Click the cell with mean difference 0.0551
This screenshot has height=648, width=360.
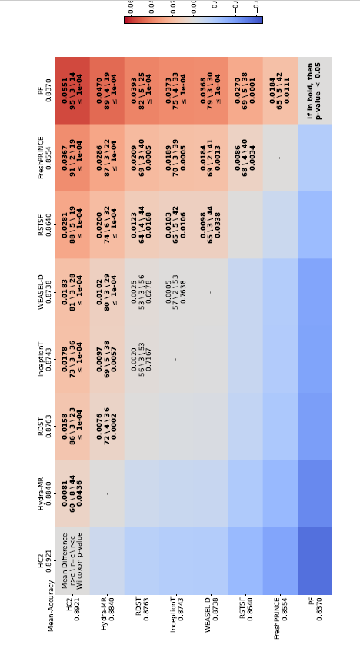(72, 91)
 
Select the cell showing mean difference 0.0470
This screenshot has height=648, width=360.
(107, 91)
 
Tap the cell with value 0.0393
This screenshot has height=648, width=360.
(142, 91)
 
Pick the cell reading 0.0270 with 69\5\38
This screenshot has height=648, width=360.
(245, 91)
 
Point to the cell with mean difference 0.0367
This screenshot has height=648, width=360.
(72, 158)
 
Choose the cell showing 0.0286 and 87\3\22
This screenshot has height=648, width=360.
(107, 158)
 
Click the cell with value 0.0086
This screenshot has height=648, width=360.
(245, 158)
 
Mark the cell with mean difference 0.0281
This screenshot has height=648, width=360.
(72, 224)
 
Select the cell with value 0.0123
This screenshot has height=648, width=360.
(142, 224)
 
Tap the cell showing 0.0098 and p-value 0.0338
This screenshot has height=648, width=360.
(211, 224)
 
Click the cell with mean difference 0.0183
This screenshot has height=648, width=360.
(72, 292)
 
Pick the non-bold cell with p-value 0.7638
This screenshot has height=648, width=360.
(176, 292)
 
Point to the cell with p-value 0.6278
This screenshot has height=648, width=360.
(142, 292)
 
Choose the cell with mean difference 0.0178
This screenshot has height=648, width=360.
(72, 359)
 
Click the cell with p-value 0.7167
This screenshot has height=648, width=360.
(142, 359)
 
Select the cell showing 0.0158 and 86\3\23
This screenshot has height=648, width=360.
(72, 426)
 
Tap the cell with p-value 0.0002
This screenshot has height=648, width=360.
(107, 426)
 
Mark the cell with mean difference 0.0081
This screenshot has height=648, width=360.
(72, 493)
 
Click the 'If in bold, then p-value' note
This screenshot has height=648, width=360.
(315, 91)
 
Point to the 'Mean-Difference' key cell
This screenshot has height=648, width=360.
(72, 560)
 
